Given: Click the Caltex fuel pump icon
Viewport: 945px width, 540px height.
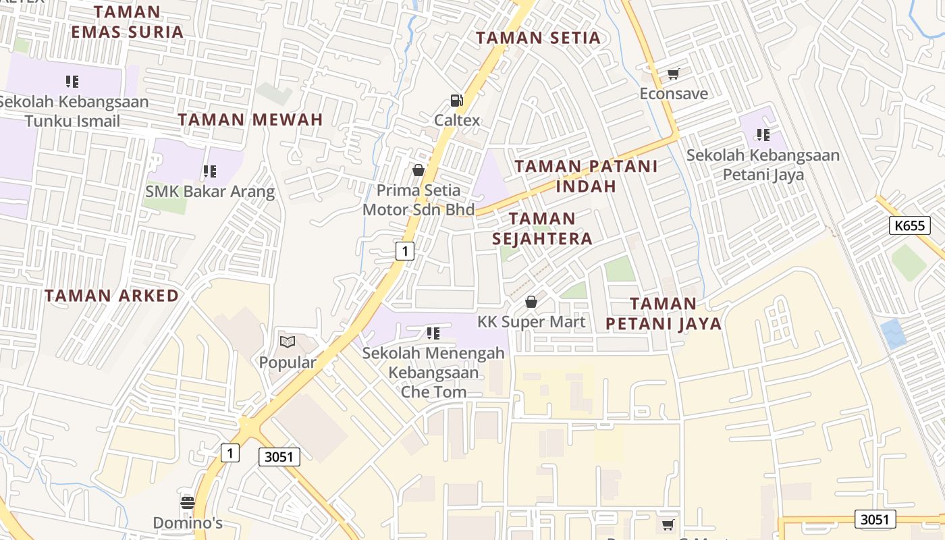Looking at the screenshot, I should (x=457, y=101).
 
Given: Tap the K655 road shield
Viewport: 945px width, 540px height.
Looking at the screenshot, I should (x=909, y=225).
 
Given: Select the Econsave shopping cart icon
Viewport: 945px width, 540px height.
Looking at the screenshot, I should (x=673, y=74).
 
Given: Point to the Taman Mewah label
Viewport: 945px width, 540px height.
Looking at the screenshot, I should (x=250, y=120).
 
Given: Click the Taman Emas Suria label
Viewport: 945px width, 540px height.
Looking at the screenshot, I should (x=127, y=22).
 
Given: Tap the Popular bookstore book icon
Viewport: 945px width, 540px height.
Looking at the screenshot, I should (x=288, y=342).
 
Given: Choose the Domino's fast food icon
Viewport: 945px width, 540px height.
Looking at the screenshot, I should (x=188, y=502).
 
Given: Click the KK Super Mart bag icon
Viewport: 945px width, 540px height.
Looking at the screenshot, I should (x=531, y=302).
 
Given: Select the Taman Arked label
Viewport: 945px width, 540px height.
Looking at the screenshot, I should (x=112, y=296).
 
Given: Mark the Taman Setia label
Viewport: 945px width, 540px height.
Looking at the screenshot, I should (x=538, y=38).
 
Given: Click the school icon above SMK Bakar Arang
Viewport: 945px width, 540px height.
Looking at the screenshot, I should (x=210, y=171).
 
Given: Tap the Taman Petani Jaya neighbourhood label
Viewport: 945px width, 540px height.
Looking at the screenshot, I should (x=664, y=314).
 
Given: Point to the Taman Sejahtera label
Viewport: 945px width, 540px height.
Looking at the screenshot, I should (x=542, y=228).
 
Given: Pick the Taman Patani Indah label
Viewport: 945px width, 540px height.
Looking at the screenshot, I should (x=586, y=175).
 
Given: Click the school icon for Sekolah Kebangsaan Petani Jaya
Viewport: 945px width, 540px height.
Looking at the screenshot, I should (x=763, y=135).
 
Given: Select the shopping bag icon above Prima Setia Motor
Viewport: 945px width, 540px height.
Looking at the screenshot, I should (x=418, y=170).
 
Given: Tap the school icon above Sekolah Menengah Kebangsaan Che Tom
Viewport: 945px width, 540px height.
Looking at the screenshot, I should (x=433, y=333).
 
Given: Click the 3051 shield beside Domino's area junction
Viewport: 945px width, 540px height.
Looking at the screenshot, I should (x=279, y=457).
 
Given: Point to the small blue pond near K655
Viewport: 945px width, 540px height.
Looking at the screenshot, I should (x=894, y=333).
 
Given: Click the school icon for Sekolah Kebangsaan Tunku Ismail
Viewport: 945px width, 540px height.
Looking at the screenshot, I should (x=72, y=82).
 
